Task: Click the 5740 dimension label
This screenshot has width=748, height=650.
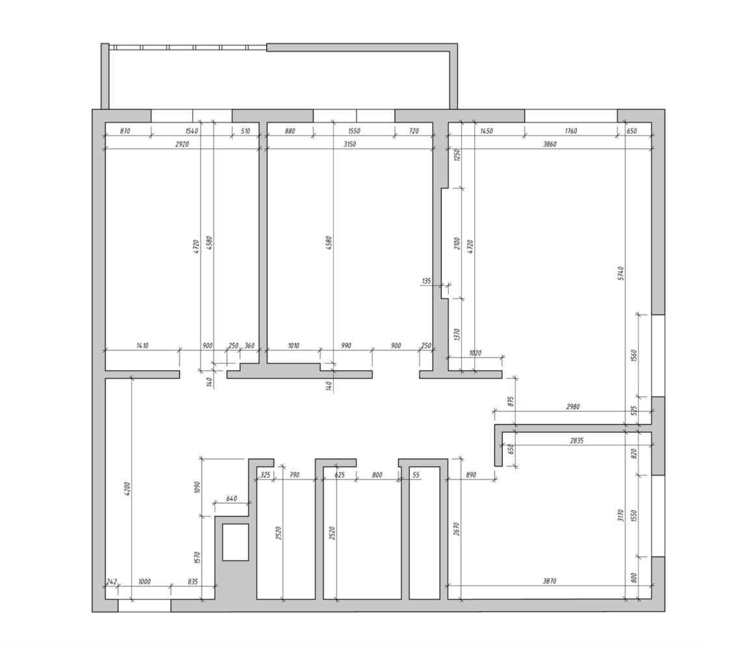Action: point(621,273)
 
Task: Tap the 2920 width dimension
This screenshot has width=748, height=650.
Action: point(182,144)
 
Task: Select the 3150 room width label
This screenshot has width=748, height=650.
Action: point(350,144)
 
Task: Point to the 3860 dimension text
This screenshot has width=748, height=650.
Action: point(550,144)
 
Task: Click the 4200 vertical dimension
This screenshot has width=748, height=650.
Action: point(126,489)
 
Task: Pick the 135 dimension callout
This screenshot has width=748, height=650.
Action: point(426,281)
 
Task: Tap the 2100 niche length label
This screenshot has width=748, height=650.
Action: point(457,244)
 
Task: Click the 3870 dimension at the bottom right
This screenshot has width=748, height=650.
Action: point(550,581)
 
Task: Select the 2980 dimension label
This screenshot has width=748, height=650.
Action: point(573,407)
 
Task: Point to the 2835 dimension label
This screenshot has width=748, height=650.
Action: point(577,441)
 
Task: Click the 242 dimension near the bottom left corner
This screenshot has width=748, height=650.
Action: point(112,581)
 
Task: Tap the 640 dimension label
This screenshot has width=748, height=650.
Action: point(232,499)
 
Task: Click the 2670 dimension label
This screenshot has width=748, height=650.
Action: point(456,529)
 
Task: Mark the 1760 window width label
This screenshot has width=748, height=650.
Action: point(570,131)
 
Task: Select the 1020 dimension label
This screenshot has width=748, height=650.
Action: point(475,353)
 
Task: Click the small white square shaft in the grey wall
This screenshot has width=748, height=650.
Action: point(235,542)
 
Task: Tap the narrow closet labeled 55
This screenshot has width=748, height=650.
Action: point(425,533)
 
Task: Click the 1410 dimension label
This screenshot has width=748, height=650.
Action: point(142,345)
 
